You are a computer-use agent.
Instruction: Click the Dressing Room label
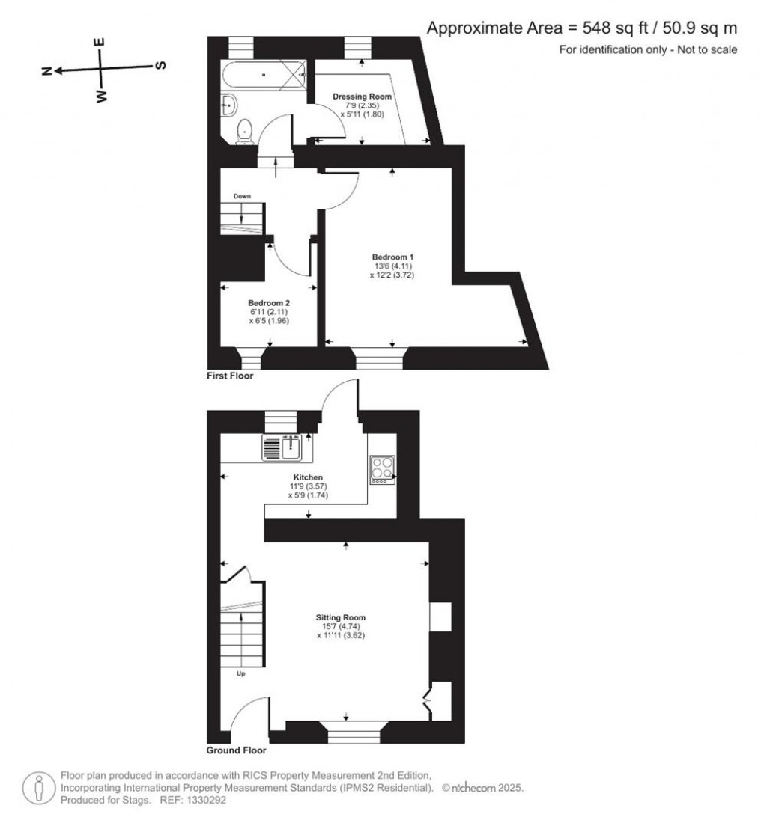362,97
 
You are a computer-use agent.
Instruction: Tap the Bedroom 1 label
392,257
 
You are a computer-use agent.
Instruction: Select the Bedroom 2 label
269,303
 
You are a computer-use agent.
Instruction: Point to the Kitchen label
308,477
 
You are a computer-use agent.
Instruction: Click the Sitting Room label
341,617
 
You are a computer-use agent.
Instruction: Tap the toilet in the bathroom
243,131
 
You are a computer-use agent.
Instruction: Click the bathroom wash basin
229,105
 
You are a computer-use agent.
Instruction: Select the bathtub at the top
264,76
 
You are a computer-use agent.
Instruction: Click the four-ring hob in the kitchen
383,469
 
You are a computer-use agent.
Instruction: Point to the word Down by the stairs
242,196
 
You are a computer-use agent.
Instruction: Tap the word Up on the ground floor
240,673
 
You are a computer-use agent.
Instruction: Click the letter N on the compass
47,72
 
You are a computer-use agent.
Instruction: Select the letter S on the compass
161,65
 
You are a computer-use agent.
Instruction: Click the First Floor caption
230,376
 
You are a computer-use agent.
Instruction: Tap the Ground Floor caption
237,750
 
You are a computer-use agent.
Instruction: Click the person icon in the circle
39,788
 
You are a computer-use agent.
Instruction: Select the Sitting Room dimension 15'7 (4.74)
341,626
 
